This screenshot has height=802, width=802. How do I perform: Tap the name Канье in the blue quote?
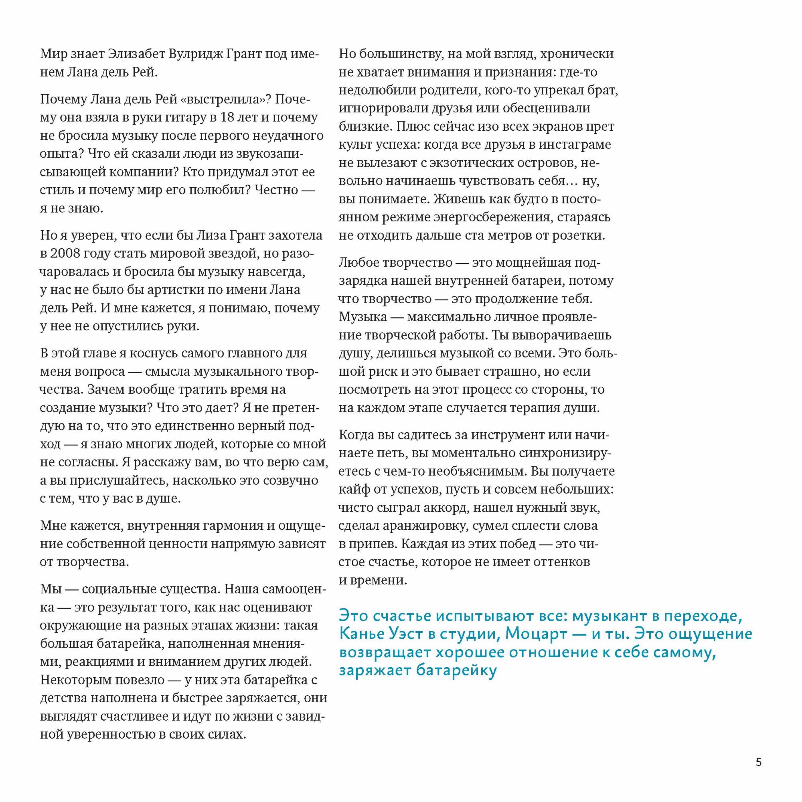coord(361,634)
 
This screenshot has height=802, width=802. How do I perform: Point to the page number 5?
coord(758,762)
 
